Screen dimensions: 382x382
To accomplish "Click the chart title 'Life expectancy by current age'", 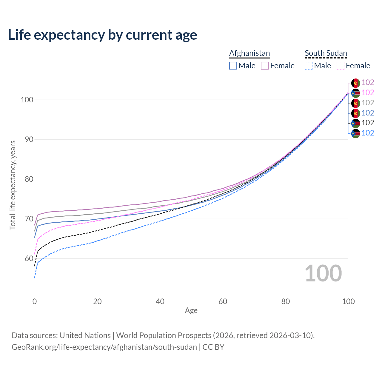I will [102, 35].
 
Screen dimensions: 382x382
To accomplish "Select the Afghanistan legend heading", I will [249, 53].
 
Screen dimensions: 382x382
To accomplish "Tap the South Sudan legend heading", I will [326, 53].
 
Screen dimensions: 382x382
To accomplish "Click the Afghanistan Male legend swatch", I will [233, 66].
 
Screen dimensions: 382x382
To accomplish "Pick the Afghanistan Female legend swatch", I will [265, 66].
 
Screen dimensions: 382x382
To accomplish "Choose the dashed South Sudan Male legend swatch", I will [309, 66].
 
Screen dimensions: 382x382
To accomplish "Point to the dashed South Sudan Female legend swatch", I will [341, 66].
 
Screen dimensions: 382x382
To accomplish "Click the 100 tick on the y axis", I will [27, 100].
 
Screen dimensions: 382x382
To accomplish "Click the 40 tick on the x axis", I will [160, 301].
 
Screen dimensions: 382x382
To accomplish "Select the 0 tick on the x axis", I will [35, 301].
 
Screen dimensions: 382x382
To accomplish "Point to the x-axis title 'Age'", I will [191, 310].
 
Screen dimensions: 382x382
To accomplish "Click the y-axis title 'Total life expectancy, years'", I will [13, 185].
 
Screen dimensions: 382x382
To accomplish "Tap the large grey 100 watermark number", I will [323, 273].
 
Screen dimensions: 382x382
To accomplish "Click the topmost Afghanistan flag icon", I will [355, 83].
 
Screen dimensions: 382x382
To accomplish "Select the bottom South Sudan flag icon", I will [355, 133].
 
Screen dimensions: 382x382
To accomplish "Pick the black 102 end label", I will [368, 123].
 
